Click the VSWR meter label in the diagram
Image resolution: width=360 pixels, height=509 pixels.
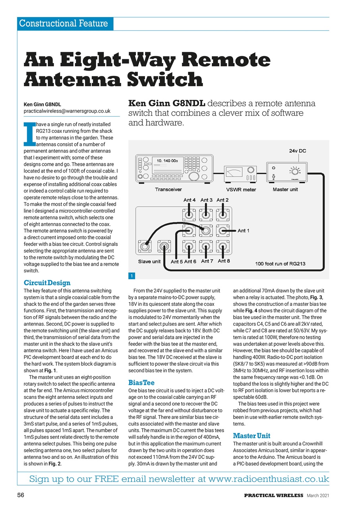coord(241,190)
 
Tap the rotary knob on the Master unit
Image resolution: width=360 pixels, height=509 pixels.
coord(295,172)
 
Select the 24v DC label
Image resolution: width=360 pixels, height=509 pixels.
coord(297,151)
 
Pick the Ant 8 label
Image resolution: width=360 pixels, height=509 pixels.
coord(224,261)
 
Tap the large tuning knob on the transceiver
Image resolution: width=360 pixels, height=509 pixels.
coord(194,176)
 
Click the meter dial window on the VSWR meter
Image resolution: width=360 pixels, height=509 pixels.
coord(234,173)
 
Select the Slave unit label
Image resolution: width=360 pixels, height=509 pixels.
coord(149,261)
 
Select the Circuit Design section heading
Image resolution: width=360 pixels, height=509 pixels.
coord(47,283)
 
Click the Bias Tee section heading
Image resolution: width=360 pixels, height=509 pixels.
coord(141,383)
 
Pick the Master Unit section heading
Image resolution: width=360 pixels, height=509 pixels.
coord(252,435)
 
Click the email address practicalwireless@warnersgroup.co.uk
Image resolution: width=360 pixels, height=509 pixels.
coord(67,111)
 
